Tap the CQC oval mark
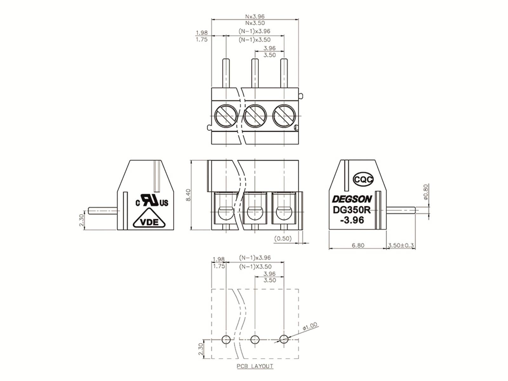(x=363, y=179)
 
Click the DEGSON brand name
(x=352, y=199)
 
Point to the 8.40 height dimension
(x=188, y=195)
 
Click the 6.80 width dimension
(x=358, y=245)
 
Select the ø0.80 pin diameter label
(x=426, y=192)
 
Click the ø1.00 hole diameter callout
(x=310, y=326)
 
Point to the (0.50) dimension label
(x=283, y=238)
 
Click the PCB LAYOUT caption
(x=255, y=366)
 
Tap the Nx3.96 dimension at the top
(x=255, y=17)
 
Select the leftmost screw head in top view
(x=226, y=116)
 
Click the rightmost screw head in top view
(x=284, y=116)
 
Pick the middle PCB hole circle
(x=255, y=339)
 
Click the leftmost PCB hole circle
(x=226, y=339)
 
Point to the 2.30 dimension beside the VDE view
(x=81, y=220)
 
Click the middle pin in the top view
(x=255, y=73)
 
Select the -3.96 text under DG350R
(x=352, y=220)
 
